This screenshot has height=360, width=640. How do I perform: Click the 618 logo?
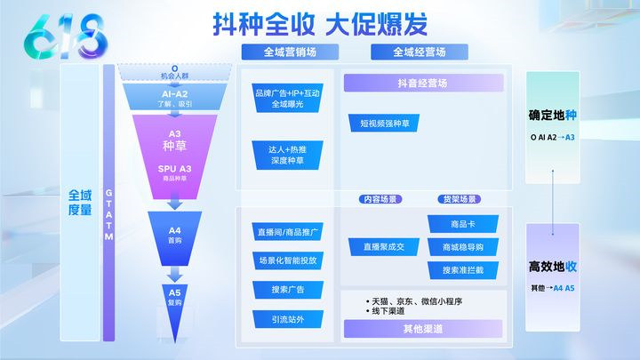tap(55, 36)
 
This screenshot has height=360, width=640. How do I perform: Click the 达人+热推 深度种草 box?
tap(287, 153)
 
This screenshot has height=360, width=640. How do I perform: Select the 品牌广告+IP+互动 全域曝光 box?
tap(287, 98)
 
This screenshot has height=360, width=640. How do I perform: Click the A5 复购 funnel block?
tap(173, 297)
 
